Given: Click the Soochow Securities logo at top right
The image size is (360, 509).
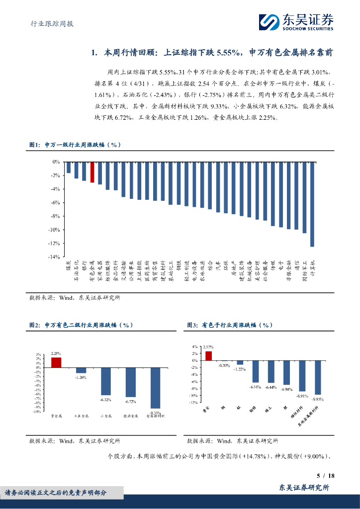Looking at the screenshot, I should pyautogui.click(x=296, y=22).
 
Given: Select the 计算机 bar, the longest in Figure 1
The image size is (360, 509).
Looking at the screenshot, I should pyautogui.click(x=312, y=204).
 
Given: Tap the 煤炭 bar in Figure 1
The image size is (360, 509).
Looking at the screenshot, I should pyautogui.click(x=69, y=167).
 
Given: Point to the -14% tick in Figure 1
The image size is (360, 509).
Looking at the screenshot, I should pyautogui.click(x=54, y=257).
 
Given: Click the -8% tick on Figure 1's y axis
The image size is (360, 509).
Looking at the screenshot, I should pyautogui.click(x=55, y=216).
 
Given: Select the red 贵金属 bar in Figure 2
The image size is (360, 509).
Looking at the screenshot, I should pyautogui.click(x=56, y=362).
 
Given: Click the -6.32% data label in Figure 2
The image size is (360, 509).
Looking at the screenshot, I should pyautogui.click(x=105, y=399).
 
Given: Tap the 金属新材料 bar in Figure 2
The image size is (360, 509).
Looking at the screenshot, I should pyautogui.click(x=156, y=388).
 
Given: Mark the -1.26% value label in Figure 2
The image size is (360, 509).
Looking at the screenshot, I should pyautogui.click(x=81, y=377).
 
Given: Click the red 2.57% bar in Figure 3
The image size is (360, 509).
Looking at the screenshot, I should pyautogui.click(x=208, y=355).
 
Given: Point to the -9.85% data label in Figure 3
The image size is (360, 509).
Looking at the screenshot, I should pyautogui.click(x=318, y=399).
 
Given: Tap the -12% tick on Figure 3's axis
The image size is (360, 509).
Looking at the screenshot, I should pyautogui.click(x=194, y=403).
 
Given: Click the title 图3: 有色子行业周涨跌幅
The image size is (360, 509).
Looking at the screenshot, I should pyautogui.click(x=230, y=325).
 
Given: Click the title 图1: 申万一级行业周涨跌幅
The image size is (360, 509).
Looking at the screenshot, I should pyautogui.click(x=75, y=145).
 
